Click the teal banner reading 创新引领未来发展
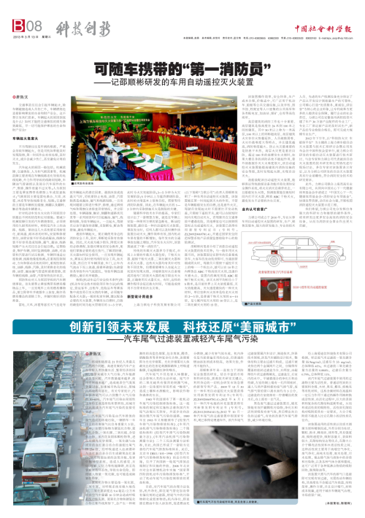(x=182, y=307)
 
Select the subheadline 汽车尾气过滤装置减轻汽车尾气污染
(x=182, y=321)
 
